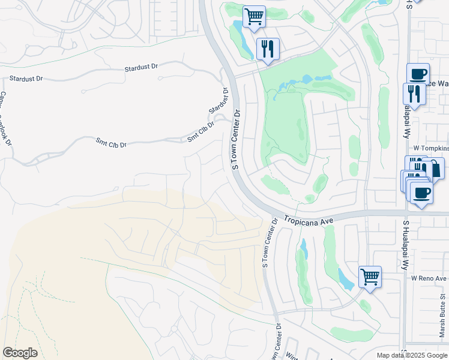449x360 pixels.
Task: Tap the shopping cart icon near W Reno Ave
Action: tap(370, 277)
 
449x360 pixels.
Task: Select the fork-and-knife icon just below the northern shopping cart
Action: tap(268, 49)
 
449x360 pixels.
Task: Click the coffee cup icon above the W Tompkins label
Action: tap(418, 74)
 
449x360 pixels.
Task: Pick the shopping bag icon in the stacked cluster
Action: tap(434, 169)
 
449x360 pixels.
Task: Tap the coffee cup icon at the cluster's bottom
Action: tap(421, 193)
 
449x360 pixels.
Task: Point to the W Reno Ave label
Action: tap(429, 278)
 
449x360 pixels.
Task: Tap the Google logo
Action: tap(20, 353)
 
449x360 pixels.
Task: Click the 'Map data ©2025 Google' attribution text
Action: tap(412, 355)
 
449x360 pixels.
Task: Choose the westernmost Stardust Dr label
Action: tap(26, 79)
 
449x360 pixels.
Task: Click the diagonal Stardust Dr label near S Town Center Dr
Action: tap(220, 101)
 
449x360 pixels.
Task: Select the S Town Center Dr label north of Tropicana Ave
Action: tap(237, 139)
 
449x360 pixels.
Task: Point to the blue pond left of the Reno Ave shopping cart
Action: tap(345, 280)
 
